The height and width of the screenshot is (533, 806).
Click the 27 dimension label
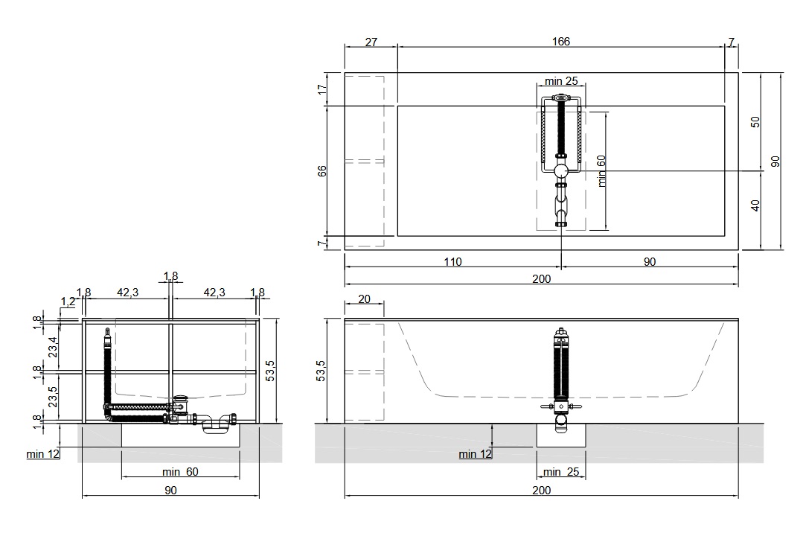click(371, 42)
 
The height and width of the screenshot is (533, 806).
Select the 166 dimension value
click(561, 41)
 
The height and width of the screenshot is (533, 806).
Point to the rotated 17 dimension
click(322, 89)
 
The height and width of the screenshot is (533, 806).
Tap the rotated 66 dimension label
click(322, 170)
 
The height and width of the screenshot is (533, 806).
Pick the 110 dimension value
click(452, 261)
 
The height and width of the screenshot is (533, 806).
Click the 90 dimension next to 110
click(650, 261)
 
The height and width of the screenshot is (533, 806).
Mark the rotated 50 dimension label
click(755, 122)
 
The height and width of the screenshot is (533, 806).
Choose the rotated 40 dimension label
click(755, 205)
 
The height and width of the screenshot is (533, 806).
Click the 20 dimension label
click(364, 299)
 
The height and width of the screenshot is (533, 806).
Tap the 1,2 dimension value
click(68, 301)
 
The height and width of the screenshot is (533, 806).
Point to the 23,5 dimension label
click(53, 396)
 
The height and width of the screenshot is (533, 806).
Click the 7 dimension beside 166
click(732, 42)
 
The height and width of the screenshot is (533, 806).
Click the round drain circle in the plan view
click(561, 170)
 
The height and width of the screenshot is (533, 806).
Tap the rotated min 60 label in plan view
click(601, 170)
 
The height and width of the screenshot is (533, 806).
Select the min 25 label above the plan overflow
click(561, 80)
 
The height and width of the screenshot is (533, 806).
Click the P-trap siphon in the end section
click(216, 423)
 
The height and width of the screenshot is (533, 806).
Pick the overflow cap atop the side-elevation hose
click(561, 333)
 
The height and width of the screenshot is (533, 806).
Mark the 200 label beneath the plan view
click(541, 278)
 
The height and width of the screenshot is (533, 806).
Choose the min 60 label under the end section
click(180, 471)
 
